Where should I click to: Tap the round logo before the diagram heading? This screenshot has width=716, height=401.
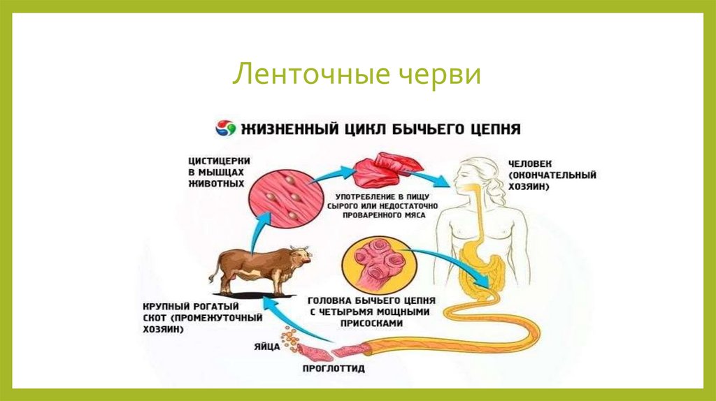(224, 129)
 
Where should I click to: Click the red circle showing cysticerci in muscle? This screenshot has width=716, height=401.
(280, 196)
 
